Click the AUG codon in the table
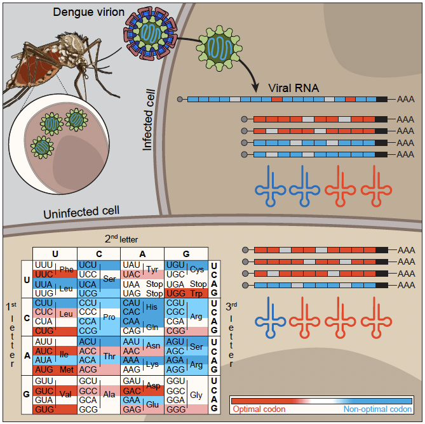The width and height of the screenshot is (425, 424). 44,368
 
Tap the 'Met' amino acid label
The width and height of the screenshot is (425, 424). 66,368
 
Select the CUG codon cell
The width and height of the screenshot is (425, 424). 44,331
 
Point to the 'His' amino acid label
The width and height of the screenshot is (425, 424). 152,307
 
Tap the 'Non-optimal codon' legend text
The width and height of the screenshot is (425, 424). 374,409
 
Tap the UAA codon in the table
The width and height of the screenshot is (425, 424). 132,284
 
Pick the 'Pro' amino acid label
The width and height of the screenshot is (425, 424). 109,317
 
